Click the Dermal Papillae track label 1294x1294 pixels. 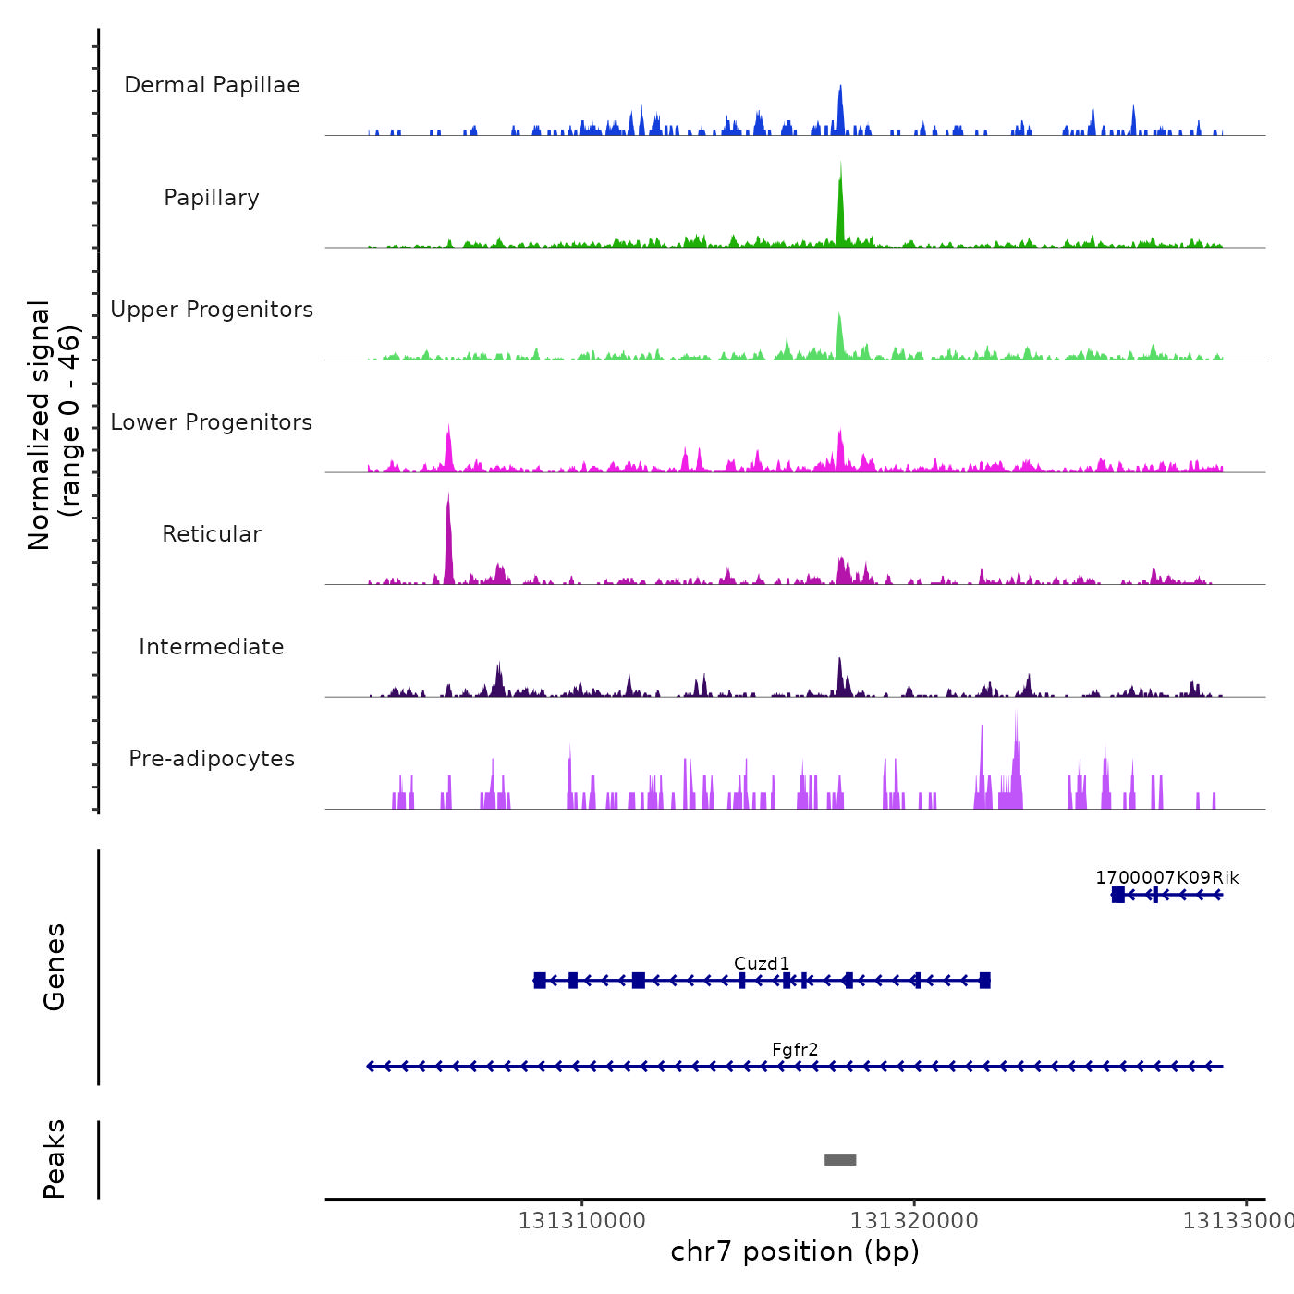tap(212, 85)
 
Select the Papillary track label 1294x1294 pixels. tap(212, 198)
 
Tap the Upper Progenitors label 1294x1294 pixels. tap(212, 310)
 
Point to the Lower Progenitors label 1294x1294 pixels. tap(212, 422)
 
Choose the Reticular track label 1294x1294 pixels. tap(212, 534)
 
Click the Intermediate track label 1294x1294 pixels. tap(212, 647)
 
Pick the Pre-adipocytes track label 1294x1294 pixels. tap(212, 759)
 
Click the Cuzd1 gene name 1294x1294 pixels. tap(762, 963)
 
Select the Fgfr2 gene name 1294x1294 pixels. tap(795, 1049)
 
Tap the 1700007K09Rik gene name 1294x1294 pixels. tap(1166, 877)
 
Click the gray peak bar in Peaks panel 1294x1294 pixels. tap(840, 1160)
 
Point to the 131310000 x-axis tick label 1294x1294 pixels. tap(582, 1220)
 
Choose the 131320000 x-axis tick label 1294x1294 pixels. tap(914, 1220)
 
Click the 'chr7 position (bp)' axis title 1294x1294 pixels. tap(795, 1251)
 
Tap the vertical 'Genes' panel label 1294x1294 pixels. tap(54, 967)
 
